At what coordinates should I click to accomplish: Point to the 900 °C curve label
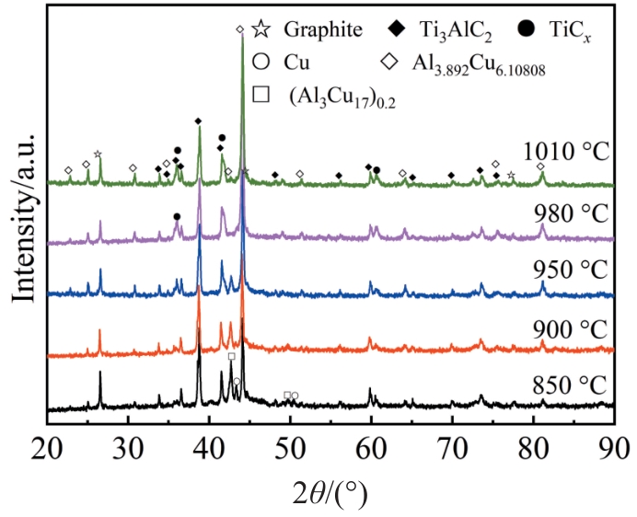pos(569,328)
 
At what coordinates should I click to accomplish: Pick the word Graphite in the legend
pos(322,28)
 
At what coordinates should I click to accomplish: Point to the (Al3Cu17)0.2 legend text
pos(341,98)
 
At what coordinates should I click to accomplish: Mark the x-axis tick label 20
pos(47,447)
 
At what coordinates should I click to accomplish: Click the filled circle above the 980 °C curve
pos(177,216)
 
